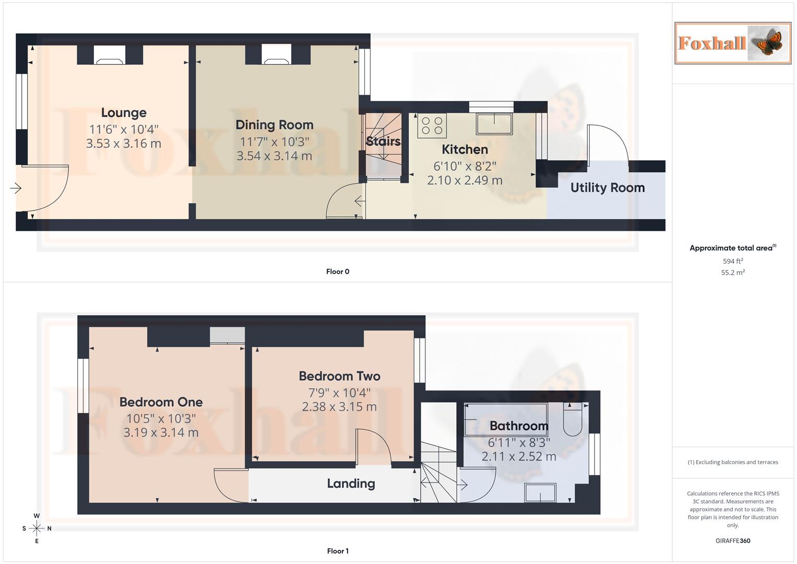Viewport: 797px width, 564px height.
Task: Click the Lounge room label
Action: pyautogui.click(x=124, y=113)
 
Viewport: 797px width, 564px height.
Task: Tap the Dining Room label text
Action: pyautogui.click(x=274, y=125)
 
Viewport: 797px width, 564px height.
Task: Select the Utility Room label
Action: pyautogui.click(x=607, y=188)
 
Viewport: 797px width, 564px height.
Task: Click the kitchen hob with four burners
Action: pyautogui.click(x=432, y=125)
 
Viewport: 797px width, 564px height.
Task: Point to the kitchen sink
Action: pyautogui.click(x=494, y=124)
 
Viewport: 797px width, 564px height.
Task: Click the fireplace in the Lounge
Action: pyautogui.click(x=110, y=55)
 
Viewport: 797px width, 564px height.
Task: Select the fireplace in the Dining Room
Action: pyautogui.click(x=276, y=55)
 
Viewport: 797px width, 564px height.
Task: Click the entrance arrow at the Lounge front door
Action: pyautogui.click(x=16, y=188)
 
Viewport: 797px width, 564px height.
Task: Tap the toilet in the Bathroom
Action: pyautogui.click(x=573, y=419)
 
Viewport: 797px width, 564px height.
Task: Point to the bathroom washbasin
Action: pyautogui.click(x=540, y=492)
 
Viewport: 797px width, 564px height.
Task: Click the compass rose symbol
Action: pyautogui.click(x=37, y=528)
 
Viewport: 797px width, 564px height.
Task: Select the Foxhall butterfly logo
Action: pyautogui.click(x=733, y=43)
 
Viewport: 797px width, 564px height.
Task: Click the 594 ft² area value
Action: pyautogui.click(x=733, y=261)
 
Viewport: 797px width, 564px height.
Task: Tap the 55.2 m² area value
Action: pyautogui.click(x=733, y=273)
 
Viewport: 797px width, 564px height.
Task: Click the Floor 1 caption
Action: pyautogui.click(x=338, y=551)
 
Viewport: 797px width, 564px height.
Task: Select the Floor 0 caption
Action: pyautogui.click(x=338, y=272)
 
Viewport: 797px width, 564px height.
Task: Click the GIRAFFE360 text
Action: pyautogui.click(x=733, y=541)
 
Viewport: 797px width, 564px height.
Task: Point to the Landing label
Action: pyautogui.click(x=351, y=484)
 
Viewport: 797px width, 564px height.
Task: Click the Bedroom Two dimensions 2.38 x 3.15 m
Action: pyautogui.click(x=339, y=407)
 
